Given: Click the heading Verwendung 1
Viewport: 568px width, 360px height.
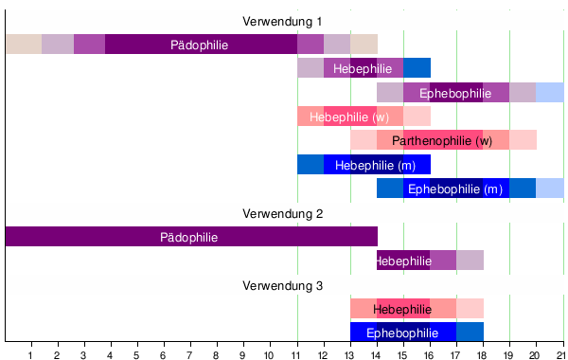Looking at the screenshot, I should [x=282, y=21].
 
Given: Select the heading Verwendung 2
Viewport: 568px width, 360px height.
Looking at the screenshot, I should [x=282, y=213].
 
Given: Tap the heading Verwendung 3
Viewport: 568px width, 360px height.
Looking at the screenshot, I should [x=282, y=285].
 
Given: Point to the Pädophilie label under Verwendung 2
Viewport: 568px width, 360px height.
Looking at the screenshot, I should [x=189, y=237].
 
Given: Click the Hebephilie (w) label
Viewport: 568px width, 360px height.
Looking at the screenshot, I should [x=349, y=117].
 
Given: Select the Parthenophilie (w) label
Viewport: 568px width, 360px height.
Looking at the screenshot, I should [x=442, y=141].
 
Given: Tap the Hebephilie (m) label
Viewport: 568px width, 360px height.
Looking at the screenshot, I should [x=376, y=165].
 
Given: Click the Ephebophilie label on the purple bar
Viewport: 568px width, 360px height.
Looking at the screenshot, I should [x=455, y=93].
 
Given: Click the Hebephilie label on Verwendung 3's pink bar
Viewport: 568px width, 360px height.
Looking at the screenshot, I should [x=402, y=309].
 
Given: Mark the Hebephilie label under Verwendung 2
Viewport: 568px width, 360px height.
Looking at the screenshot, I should [x=403, y=261].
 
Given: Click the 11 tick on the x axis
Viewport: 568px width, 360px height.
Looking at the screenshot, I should [x=297, y=353].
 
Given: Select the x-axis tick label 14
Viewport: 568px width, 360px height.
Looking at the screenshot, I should [x=377, y=353].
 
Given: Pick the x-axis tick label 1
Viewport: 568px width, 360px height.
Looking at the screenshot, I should [x=31, y=353].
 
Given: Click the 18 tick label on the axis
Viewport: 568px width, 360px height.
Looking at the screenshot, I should [x=483, y=353].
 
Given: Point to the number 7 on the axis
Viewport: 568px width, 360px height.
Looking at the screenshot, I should [x=190, y=353].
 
